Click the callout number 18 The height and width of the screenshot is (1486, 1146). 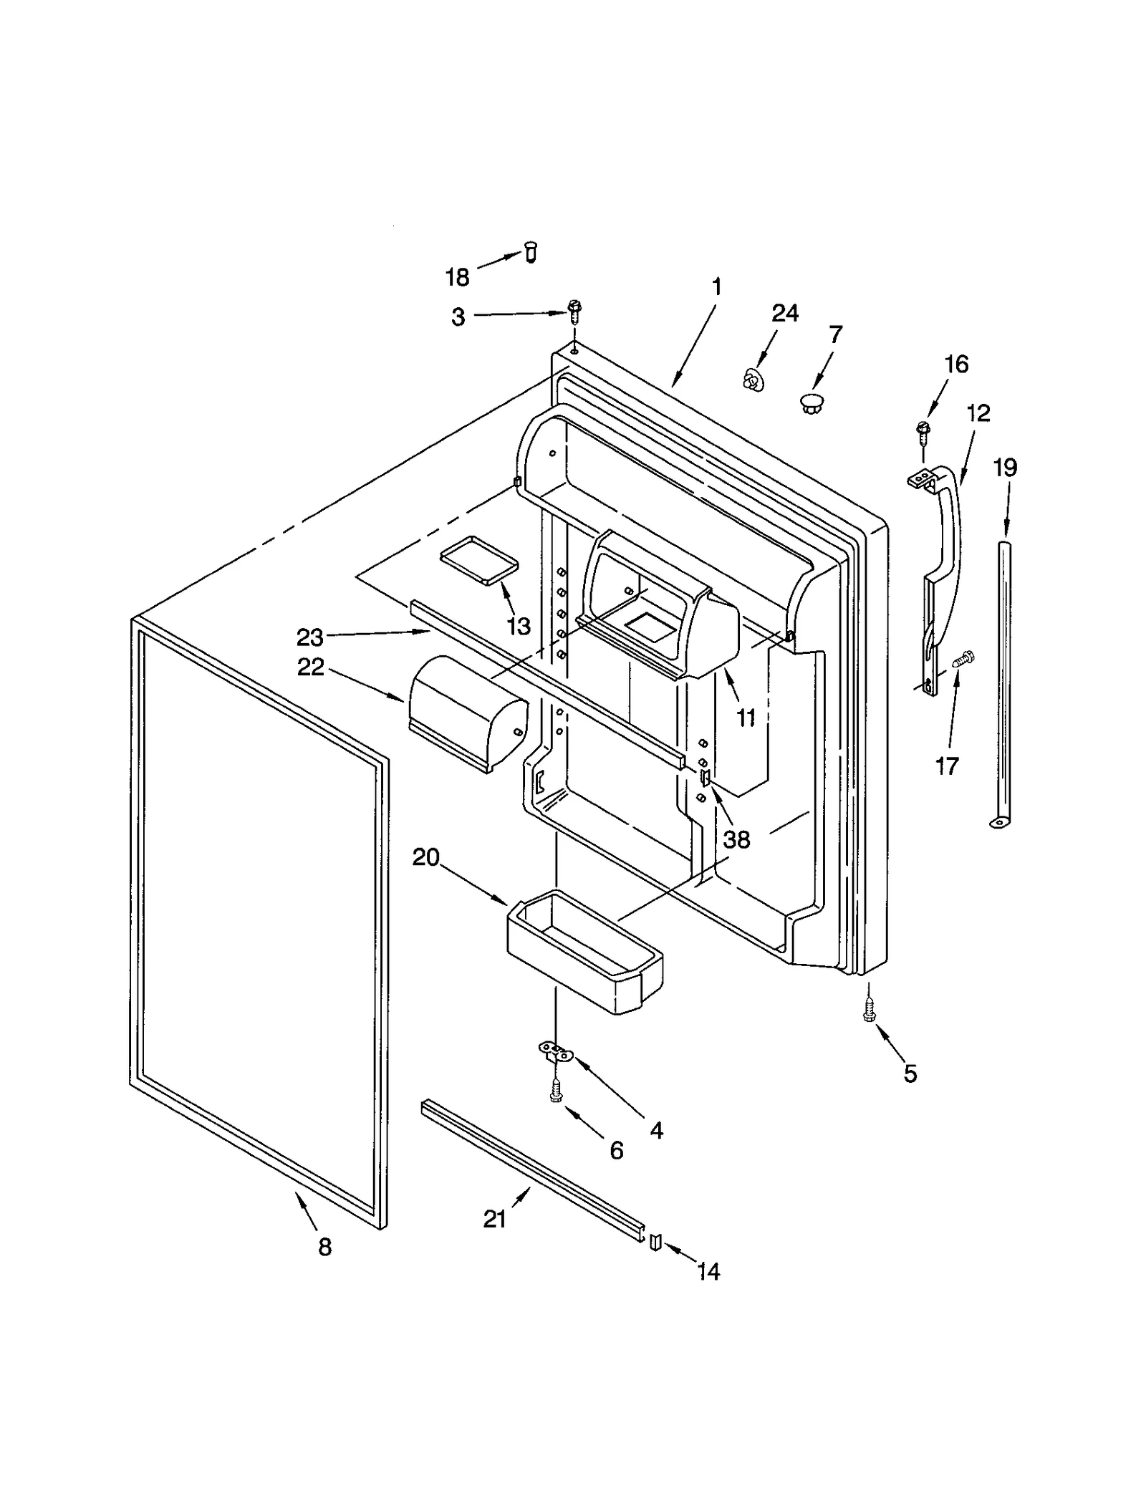point(457,276)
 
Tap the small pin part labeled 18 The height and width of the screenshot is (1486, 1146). point(531,252)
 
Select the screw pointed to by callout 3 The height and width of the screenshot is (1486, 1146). point(573,310)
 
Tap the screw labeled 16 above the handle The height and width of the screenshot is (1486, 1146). point(923,430)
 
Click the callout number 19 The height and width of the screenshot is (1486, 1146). point(1005,468)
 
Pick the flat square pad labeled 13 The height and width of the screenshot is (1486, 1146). point(478,559)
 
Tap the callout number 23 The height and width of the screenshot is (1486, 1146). point(309,636)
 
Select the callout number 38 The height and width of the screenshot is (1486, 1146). point(736,839)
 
